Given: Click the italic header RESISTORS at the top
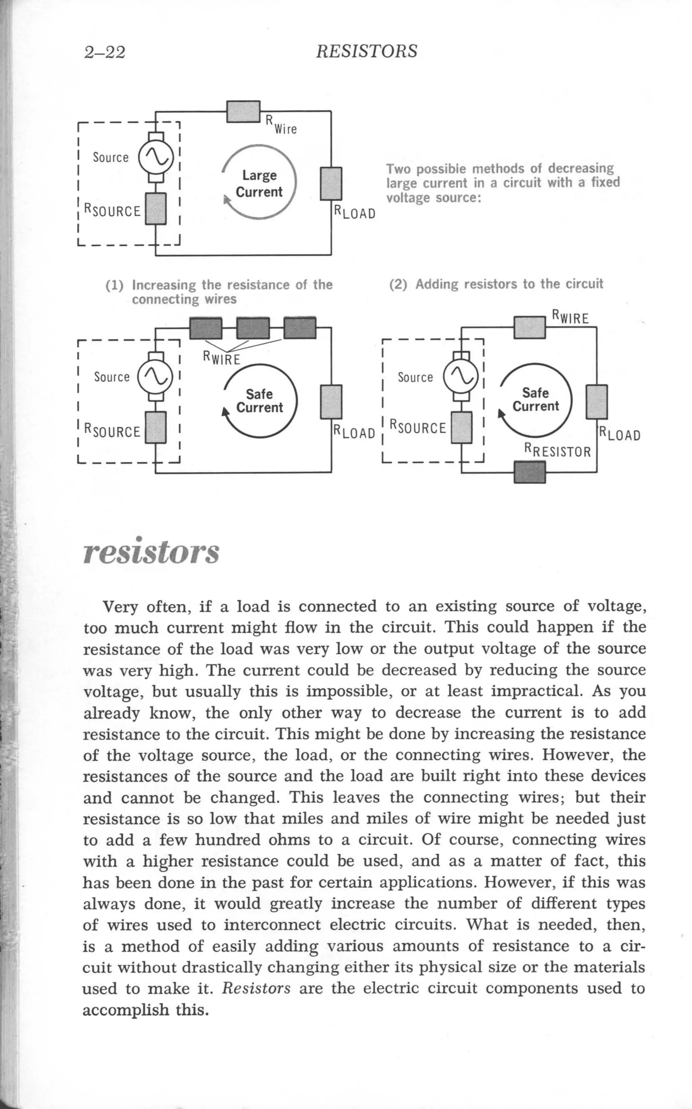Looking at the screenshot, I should (367, 51).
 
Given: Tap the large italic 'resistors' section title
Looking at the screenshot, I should (151, 552).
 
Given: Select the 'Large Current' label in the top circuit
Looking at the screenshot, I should (259, 184).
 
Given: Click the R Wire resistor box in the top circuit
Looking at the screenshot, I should (244, 111).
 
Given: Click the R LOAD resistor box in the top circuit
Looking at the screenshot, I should (331, 184).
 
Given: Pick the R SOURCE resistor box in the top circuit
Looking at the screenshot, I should (156, 208).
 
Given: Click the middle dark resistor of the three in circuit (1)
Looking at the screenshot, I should (253, 328).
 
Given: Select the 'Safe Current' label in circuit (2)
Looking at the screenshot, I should (536, 400).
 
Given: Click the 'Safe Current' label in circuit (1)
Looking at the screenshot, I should (259, 401).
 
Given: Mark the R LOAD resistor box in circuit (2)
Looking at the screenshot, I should (597, 402).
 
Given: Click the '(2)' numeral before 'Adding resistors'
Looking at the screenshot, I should (398, 284).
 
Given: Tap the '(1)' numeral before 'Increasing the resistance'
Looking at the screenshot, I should (115, 286).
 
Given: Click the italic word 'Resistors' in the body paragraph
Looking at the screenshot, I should (256, 988).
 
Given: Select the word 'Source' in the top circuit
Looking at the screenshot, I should (111, 158).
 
